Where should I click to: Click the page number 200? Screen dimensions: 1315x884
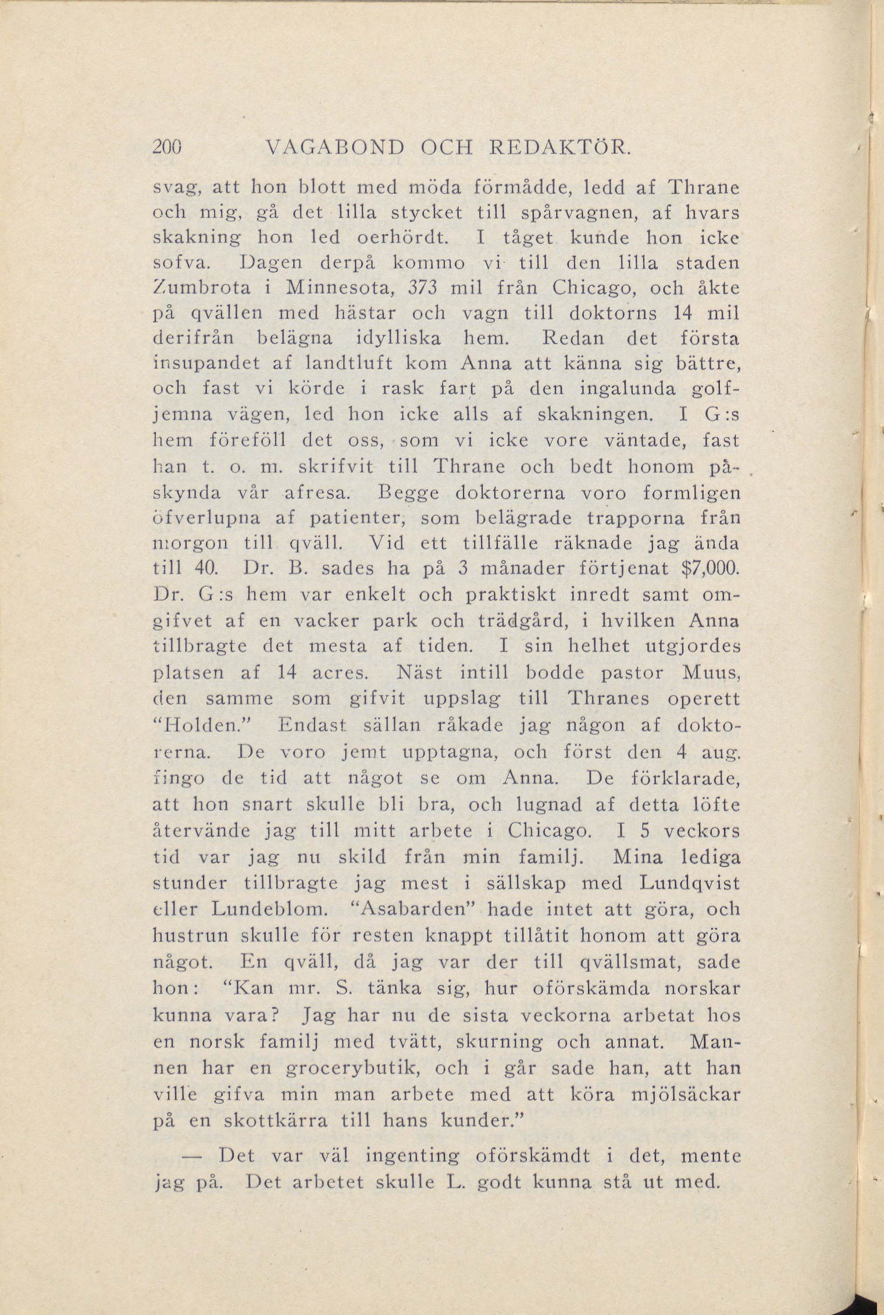(167, 146)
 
